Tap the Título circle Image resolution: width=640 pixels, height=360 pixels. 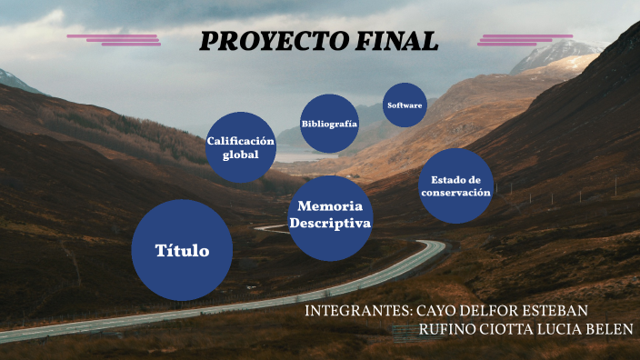click(182, 250)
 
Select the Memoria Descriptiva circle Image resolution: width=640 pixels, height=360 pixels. click(330, 217)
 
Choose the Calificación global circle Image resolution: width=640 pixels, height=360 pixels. click(241, 147)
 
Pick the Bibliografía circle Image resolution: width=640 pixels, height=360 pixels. click(329, 124)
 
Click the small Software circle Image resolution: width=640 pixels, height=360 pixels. click(405, 105)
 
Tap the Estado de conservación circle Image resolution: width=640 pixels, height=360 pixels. click(455, 186)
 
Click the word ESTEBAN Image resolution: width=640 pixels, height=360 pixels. click(563, 311)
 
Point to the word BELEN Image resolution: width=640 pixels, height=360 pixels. click(612, 329)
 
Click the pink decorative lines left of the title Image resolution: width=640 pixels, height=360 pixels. click(115, 39)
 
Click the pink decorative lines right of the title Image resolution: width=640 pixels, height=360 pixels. click(513, 39)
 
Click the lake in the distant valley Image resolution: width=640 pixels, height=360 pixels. click(295, 157)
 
